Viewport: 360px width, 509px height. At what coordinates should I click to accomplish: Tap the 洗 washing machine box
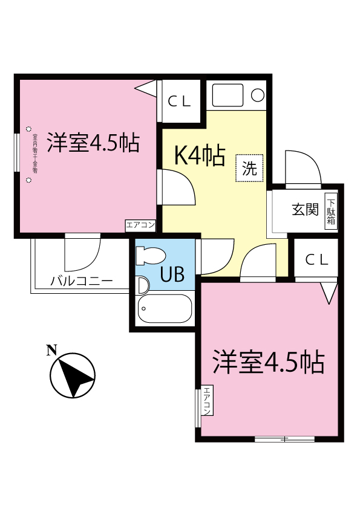[x=249, y=168]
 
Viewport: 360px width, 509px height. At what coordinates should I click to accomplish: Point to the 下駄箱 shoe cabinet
[x=331, y=212]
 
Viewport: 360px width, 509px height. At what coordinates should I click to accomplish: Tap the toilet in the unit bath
[x=149, y=256]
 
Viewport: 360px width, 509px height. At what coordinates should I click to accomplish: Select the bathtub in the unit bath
[x=165, y=310]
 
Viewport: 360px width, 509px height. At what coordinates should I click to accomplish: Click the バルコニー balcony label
[x=81, y=281]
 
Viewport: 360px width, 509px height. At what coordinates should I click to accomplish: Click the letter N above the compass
[x=51, y=349]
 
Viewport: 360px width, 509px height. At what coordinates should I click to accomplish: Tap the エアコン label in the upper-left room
[x=140, y=225]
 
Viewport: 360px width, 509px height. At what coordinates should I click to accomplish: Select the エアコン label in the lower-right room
[x=206, y=401]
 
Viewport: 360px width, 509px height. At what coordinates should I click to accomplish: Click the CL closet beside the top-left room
[x=180, y=102]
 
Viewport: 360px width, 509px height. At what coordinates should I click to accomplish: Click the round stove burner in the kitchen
[x=257, y=95]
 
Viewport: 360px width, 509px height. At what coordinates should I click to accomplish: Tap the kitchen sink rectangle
[x=226, y=95]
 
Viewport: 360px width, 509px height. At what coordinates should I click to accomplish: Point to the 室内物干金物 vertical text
[x=34, y=154]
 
